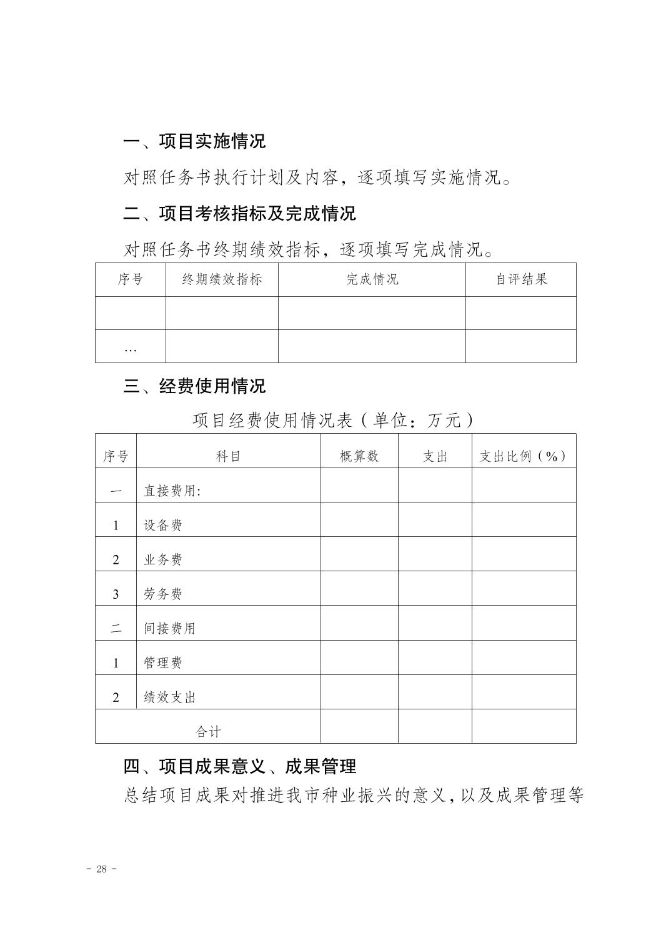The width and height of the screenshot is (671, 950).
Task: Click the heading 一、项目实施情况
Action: [x=194, y=141]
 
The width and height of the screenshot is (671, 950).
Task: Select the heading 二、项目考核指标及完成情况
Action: [x=239, y=214]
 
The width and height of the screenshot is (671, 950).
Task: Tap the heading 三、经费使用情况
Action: [x=194, y=386]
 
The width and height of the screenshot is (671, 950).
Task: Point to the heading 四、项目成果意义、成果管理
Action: [x=239, y=766]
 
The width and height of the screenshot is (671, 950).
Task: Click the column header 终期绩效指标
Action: [x=222, y=279]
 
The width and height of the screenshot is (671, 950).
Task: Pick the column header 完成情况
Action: [x=372, y=279]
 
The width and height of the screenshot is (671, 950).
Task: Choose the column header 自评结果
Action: [x=521, y=279]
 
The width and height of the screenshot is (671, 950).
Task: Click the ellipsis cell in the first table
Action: [x=130, y=347]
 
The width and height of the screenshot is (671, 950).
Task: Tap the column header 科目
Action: [x=228, y=456]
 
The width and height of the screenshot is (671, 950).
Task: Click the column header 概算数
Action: [x=359, y=456]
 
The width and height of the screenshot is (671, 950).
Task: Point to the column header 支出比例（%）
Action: [x=524, y=456]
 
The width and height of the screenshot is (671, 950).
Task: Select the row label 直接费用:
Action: [x=172, y=491]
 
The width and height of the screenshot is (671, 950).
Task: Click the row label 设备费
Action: [x=163, y=525]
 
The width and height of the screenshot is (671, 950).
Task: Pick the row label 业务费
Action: [x=163, y=559]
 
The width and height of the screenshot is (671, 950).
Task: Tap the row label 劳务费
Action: [x=163, y=594]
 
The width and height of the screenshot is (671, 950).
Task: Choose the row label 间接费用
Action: [x=169, y=628]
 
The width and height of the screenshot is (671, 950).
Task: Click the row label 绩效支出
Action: [x=169, y=697]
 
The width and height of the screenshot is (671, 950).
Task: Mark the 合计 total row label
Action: [x=208, y=731]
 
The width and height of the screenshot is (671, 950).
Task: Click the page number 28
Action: [x=102, y=869]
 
